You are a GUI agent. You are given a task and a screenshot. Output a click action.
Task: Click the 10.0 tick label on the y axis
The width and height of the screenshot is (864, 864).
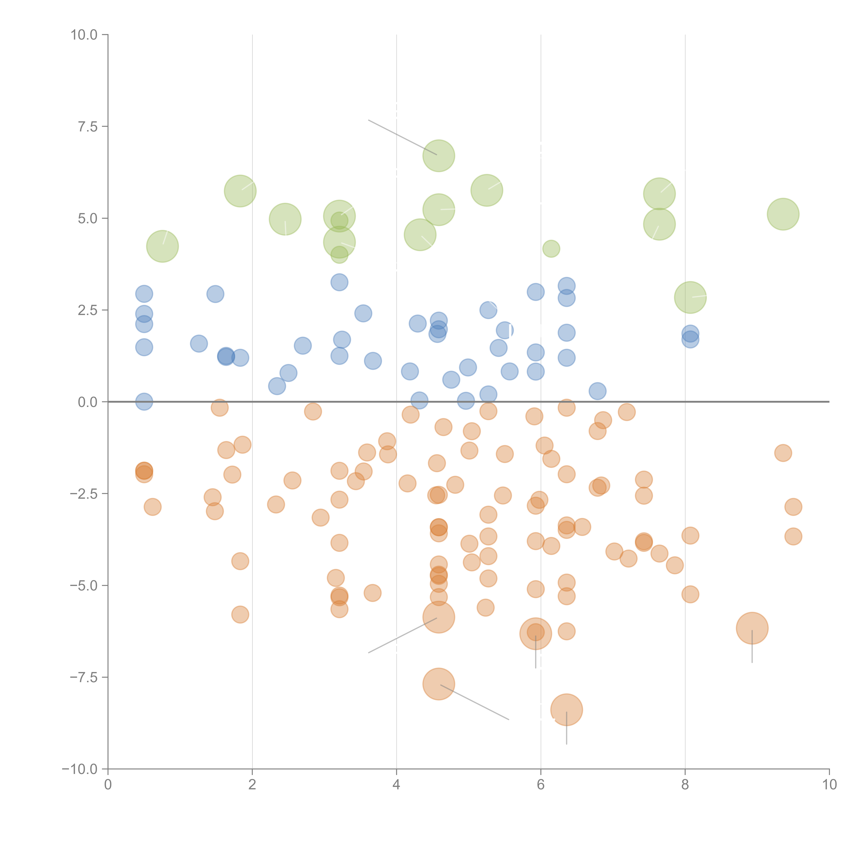[84, 35]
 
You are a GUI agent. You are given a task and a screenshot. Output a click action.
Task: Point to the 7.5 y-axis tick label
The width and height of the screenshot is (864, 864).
[88, 126]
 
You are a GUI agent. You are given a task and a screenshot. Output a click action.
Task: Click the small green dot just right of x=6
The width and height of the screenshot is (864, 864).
[551, 249]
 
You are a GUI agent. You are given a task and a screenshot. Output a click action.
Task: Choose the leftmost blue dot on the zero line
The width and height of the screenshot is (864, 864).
[144, 402]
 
